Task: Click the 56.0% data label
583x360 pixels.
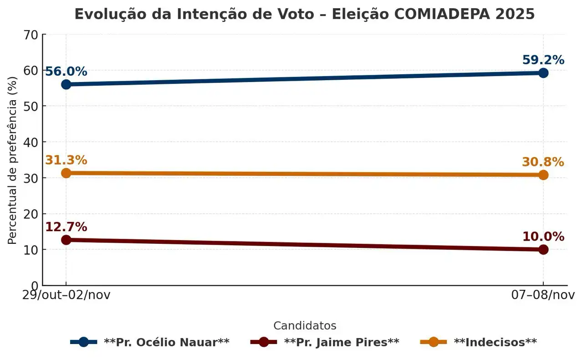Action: pyautogui.click(x=66, y=72)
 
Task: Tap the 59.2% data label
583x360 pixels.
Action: pyautogui.click(x=543, y=60)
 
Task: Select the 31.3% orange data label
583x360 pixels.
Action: pyautogui.click(x=66, y=160)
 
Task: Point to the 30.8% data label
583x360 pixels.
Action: pyautogui.click(x=543, y=162)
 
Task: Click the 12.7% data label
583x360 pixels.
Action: pyautogui.click(x=66, y=227)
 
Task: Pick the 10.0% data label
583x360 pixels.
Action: pyautogui.click(x=543, y=237)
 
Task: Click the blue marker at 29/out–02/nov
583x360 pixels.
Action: pyautogui.click(x=66, y=84)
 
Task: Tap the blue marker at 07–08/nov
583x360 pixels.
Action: pyautogui.click(x=543, y=73)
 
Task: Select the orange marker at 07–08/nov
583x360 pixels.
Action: pyautogui.click(x=543, y=175)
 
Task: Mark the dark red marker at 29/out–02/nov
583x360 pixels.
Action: pyautogui.click(x=66, y=240)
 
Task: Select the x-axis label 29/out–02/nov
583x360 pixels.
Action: pyautogui.click(x=66, y=295)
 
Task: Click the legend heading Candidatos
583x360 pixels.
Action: pyautogui.click(x=305, y=326)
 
